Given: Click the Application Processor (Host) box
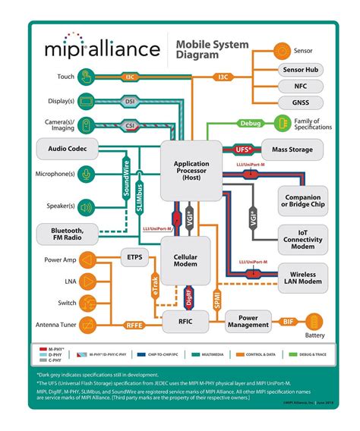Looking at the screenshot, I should [191, 171].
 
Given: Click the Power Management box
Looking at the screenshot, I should [248, 321].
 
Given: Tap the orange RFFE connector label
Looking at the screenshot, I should [134, 326].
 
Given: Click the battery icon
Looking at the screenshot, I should [314, 321].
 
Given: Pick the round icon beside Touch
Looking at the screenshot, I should [86, 77].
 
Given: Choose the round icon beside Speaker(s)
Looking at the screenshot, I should [86, 206].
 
